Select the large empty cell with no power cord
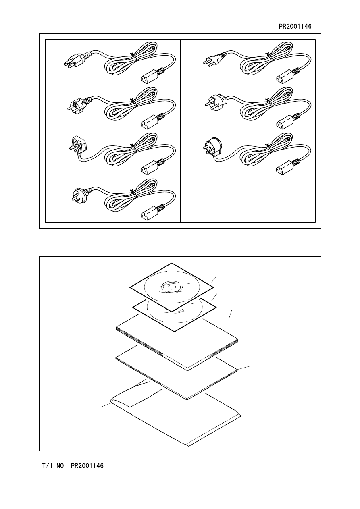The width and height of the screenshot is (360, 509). pos(256,200)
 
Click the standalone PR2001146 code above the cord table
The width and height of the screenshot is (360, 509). pos(295,26)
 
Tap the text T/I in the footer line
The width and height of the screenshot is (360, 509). pos(48,466)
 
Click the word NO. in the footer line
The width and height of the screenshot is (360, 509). pos(61,466)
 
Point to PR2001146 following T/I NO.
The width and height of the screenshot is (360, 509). pos(87,466)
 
